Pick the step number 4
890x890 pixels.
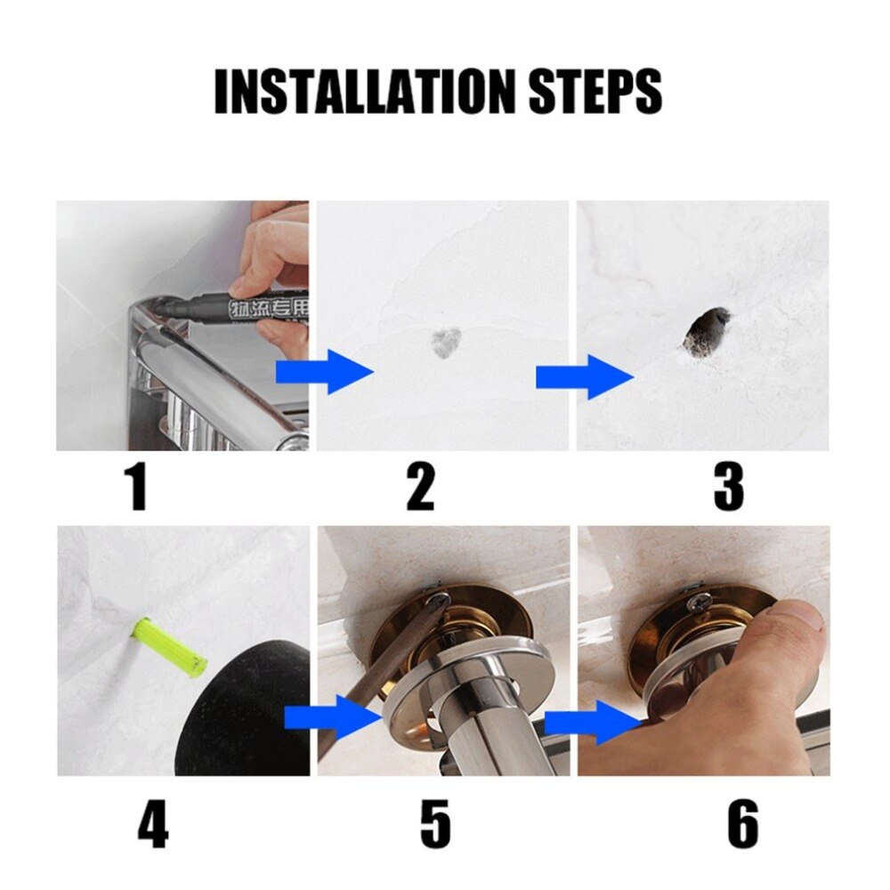coord(152,824)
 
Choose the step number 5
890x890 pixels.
coord(434,824)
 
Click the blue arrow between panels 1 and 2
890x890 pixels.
coord(325,372)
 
